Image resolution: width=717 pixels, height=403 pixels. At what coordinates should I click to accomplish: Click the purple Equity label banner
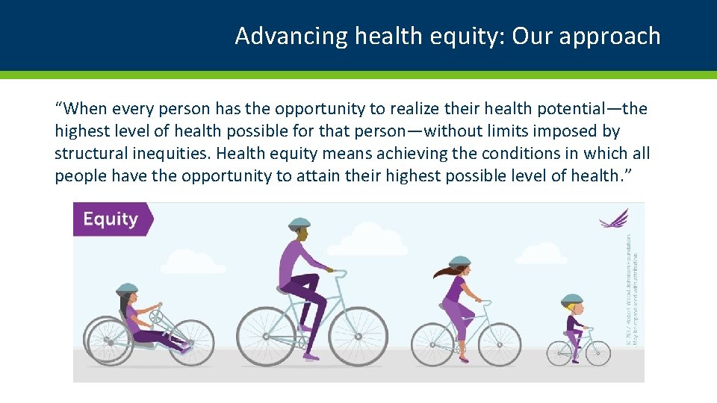[x=111, y=219]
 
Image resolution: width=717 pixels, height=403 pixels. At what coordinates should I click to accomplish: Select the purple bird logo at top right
[x=614, y=218]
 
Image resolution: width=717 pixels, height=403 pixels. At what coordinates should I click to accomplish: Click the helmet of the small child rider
[x=571, y=299]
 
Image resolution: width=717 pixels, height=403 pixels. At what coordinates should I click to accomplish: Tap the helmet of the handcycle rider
[x=127, y=289]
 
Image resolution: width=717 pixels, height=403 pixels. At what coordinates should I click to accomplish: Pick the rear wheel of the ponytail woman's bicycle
[x=432, y=344]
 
